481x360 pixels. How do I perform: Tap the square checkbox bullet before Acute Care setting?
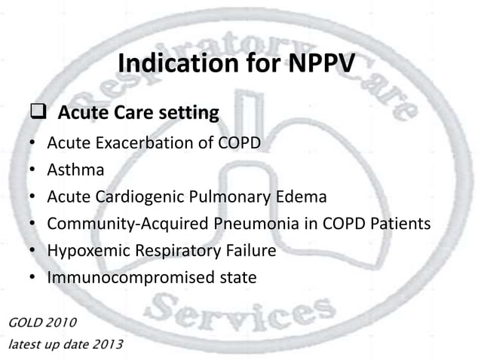tap(38, 114)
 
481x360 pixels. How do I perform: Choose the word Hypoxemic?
tap(86, 252)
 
